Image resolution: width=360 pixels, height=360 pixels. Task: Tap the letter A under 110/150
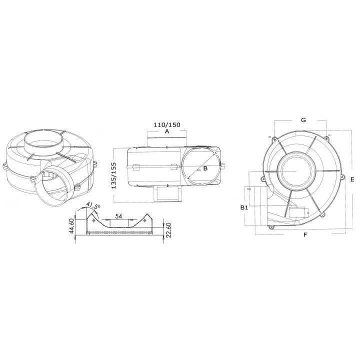[x=166, y=131]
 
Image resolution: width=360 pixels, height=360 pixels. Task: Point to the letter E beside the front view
[x=352, y=179]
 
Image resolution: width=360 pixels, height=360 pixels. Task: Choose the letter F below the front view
[x=305, y=234]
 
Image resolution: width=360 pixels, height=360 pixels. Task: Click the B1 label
[x=243, y=206]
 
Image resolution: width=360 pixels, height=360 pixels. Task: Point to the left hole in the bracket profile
[x=95, y=220]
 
